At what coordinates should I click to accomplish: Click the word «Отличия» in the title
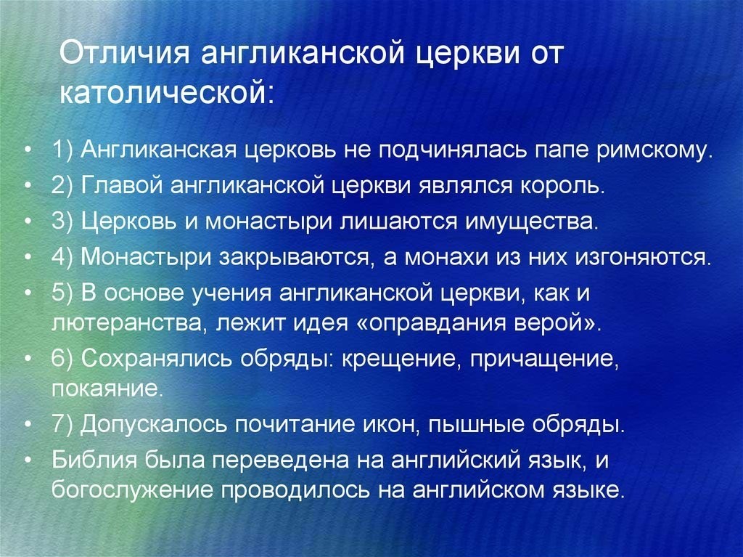[124, 52]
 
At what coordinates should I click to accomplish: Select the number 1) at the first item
[62, 151]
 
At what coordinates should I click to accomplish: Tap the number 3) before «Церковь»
[62, 221]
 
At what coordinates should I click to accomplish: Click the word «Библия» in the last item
[95, 460]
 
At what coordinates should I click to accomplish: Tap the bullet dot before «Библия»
[29, 460]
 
